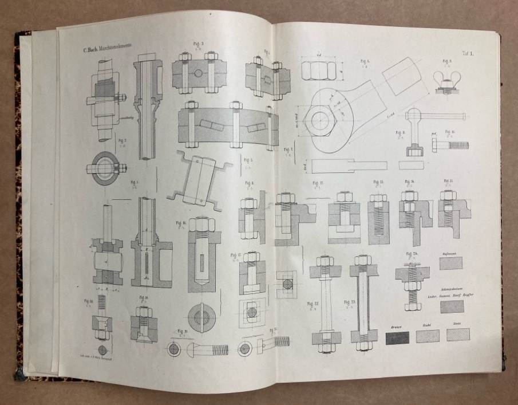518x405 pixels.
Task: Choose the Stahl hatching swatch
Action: pos(428,336)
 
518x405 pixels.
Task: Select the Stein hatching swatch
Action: pos(458,335)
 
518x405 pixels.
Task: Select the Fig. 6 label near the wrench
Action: pos(365,61)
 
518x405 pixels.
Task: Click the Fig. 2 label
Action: pos(122,139)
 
